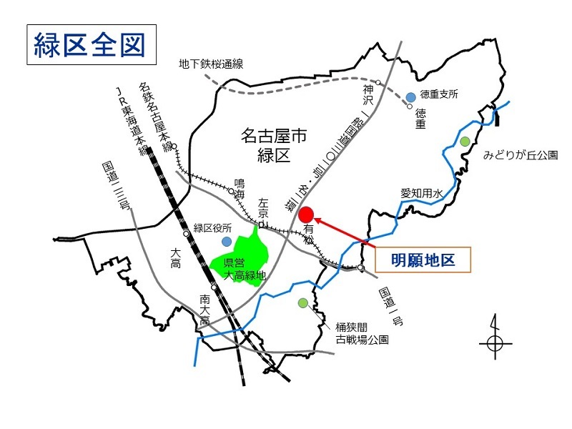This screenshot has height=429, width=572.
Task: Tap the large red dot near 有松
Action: (x=306, y=214)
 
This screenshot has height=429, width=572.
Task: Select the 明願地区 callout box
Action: (x=423, y=260)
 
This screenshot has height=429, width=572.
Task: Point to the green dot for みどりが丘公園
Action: (x=465, y=141)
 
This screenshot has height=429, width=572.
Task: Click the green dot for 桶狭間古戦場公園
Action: (x=304, y=302)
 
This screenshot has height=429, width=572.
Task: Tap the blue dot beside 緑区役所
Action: (x=227, y=242)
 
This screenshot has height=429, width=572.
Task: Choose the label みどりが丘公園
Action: (x=520, y=154)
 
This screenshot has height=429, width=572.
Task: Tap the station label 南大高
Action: (x=205, y=309)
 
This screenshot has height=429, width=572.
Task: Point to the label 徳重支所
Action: (x=439, y=94)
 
